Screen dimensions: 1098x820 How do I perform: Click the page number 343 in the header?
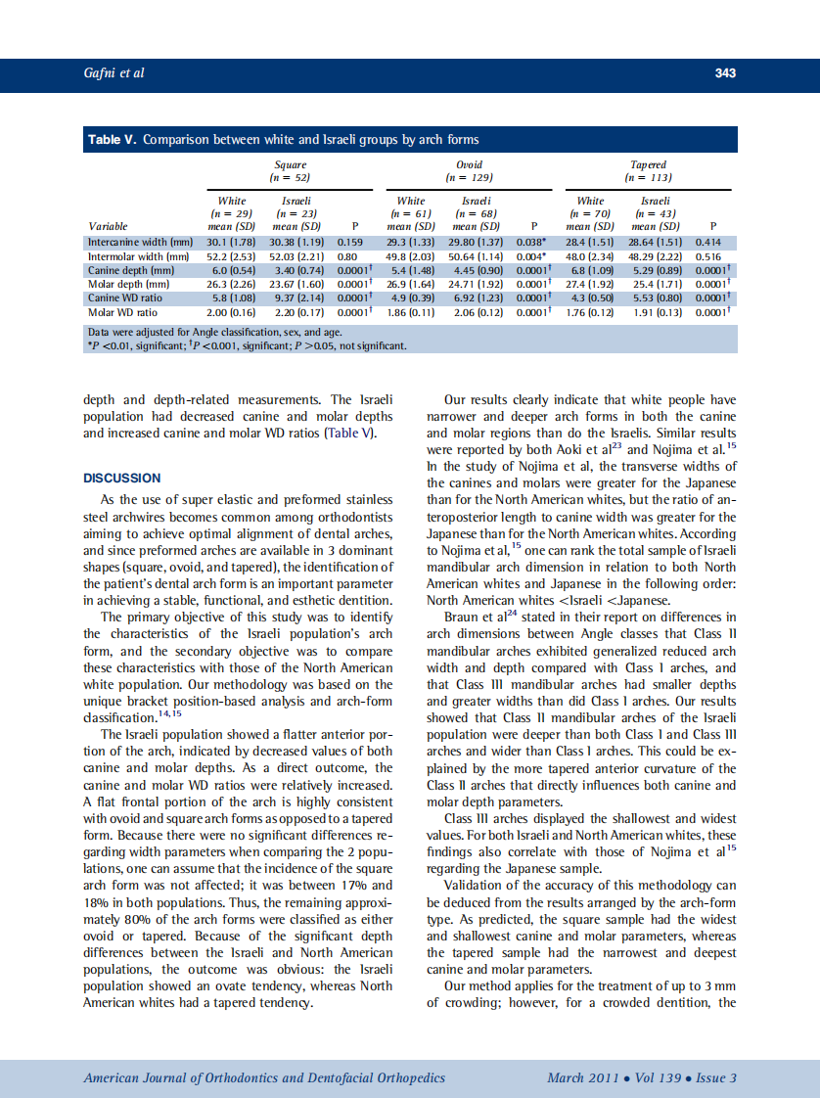pos(724,73)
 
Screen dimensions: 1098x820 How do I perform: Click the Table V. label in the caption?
pos(113,140)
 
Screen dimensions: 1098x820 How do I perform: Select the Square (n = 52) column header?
pos(290,171)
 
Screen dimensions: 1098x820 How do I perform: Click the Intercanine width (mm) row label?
pos(140,241)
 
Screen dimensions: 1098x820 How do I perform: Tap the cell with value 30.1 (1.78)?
pos(232,241)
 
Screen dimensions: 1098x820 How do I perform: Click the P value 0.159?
pos(350,241)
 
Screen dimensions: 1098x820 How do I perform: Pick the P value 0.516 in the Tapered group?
pos(708,255)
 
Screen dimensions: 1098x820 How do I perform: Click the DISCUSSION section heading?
pos(122,479)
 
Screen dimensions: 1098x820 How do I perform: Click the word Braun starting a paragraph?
pos(464,617)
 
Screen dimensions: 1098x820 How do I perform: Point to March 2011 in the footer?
pos(581,1078)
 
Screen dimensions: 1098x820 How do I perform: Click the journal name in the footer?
pos(264,1078)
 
